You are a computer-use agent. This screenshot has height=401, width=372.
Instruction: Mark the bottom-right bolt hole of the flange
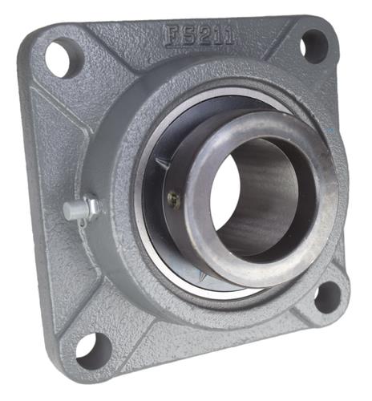[x=326, y=297]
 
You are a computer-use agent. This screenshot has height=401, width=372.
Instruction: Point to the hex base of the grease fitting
[x=91, y=208]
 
